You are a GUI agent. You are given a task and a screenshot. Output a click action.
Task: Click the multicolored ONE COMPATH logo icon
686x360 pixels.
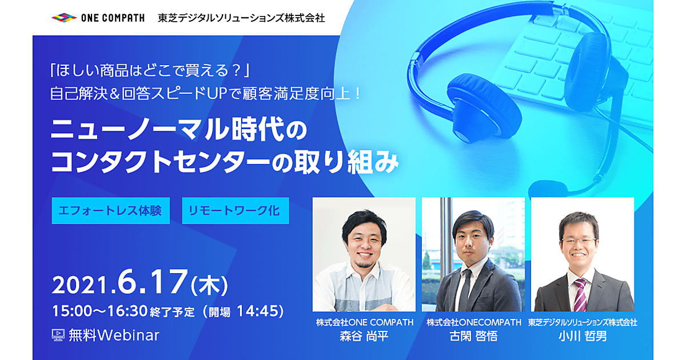[x=63, y=18]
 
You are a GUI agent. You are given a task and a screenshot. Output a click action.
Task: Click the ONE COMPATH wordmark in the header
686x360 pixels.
[x=113, y=18]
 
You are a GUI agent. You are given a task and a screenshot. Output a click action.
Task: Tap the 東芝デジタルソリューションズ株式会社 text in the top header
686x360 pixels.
[x=241, y=18]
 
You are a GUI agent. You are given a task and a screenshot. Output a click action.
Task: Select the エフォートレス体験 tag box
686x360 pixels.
[x=110, y=211]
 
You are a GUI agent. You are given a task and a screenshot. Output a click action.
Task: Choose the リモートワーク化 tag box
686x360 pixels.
[x=236, y=211]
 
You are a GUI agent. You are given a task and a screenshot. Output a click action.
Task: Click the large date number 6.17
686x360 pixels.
[x=152, y=282]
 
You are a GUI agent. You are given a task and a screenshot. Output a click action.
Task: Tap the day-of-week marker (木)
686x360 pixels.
[x=209, y=285]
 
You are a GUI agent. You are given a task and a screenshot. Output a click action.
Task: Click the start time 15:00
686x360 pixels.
[x=72, y=311]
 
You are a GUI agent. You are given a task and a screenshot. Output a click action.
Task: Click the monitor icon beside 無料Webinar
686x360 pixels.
[x=58, y=335]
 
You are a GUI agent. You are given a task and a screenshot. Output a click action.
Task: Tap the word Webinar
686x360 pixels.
[x=128, y=335]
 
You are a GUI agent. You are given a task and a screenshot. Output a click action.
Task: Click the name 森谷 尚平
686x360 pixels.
[x=364, y=336]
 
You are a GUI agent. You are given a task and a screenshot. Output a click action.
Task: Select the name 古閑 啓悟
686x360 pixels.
[x=473, y=336]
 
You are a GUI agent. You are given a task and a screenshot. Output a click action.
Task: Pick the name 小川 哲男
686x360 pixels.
[x=583, y=336]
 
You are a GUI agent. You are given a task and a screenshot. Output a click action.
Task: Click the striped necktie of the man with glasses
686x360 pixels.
[x=580, y=294]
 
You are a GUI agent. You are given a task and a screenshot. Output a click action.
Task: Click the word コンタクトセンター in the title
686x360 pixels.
[x=160, y=162]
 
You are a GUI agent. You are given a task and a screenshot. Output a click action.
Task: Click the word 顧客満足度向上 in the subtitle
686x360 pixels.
[x=296, y=94]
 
